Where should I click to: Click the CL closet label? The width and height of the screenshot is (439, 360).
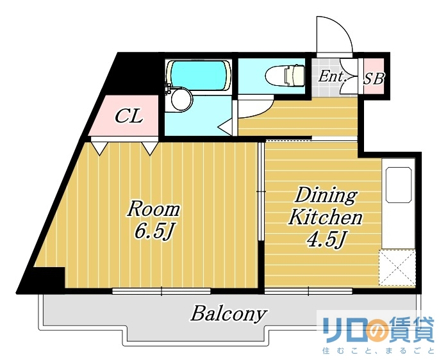click(x=128, y=117)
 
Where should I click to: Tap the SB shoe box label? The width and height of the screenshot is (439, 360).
click(x=374, y=79)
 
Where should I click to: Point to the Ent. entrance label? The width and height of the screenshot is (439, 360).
click(x=333, y=77)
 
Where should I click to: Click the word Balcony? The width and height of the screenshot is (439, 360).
click(x=228, y=314)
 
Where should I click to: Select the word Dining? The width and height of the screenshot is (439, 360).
click(x=326, y=195)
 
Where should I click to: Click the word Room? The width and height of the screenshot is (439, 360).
click(x=153, y=209)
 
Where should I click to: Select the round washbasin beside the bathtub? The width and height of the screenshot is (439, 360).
click(x=181, y=99)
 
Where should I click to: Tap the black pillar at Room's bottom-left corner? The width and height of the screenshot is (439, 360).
click(x=45, y=279)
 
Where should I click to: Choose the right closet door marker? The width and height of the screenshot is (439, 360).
click(x=150, y=148)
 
